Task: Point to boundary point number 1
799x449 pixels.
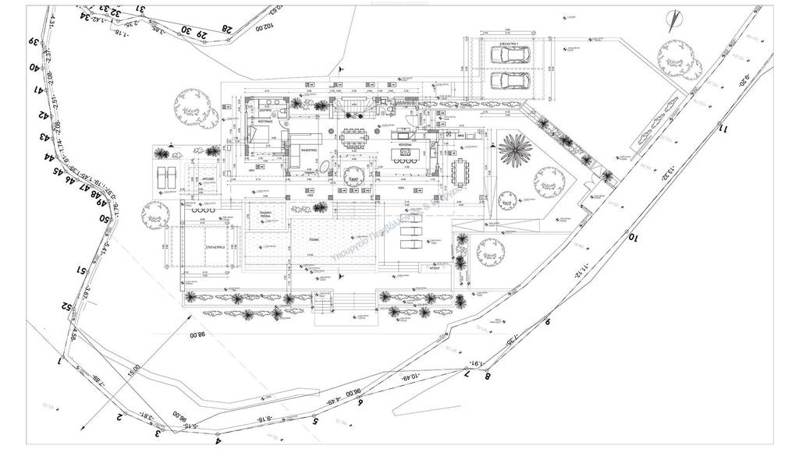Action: pyautogui.click(x=60, y=361)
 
